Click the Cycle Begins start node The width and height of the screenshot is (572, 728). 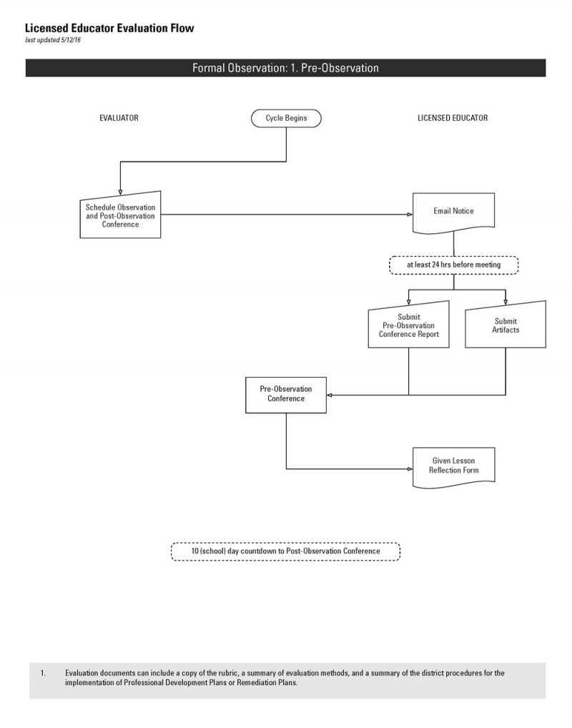[x=286, y=118]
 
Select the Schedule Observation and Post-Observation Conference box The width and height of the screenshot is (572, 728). [x=120, y=215]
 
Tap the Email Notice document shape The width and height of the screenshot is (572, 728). [x=453, y=212]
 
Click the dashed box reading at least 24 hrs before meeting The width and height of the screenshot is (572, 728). [x=453, y=265]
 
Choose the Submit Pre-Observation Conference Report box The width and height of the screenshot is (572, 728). [x=408, y=325]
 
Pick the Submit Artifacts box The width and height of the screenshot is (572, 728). [x=506, y=325]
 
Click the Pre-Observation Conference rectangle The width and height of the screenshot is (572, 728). [x=286, y=395]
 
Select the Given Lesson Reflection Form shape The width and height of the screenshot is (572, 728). [x=453, y=467]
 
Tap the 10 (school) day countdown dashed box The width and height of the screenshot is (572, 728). [x=285, y=551]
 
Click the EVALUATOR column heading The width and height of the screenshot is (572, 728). [x=119, y=118]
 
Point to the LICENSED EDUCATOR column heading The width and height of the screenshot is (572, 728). [x=453, y=118]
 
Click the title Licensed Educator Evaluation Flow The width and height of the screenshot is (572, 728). [x=109, y=29]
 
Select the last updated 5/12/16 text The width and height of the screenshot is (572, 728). [x=53, y=40]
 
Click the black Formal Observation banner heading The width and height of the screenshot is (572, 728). [x=285, y=68]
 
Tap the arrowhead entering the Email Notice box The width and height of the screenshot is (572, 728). [x=410, y=215]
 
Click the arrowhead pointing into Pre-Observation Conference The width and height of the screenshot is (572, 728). [x=330, y=395]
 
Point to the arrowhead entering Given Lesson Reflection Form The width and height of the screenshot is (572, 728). [x=410, y=469]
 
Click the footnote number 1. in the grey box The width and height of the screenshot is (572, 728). [x=43, y=673]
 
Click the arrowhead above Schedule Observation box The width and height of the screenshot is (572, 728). [x=120, y=192]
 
